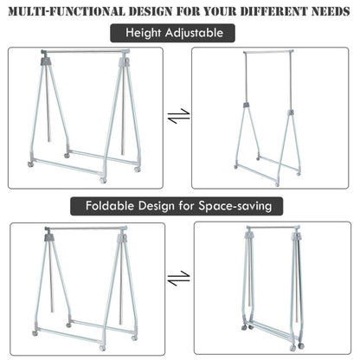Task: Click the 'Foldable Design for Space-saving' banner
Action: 179,208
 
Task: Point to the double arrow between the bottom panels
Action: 179,280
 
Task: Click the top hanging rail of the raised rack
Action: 268,53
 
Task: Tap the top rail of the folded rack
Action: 273,229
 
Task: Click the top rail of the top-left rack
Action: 85,52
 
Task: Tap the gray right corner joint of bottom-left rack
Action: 122,237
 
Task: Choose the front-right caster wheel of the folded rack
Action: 301,346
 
